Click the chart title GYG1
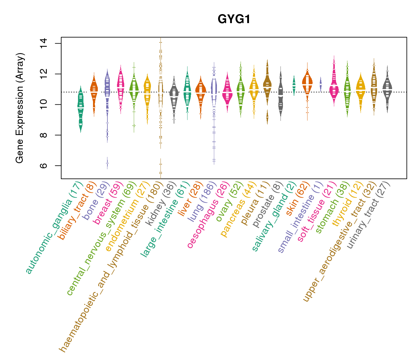coord(234,19)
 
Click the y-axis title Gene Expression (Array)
coord(20,108)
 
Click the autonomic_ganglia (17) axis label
coord(54,228)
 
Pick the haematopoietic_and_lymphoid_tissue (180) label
coord(111,267)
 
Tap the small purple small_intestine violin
coord(321,84)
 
